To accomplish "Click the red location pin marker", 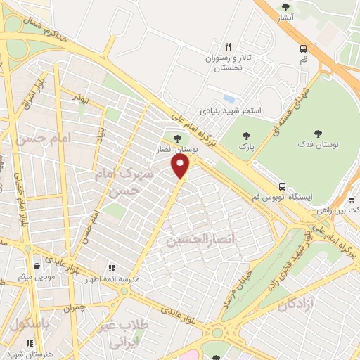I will (x=181, y=166).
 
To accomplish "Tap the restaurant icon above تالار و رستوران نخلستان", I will (x=228, y=46).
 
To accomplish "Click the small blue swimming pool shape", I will (x=228, y=98).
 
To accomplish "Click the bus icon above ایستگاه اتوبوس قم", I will (x=282, y=186).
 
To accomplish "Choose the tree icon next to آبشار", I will (x=304, y=8).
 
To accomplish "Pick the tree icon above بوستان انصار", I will (x=176, y=139).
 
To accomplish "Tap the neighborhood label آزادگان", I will (x=285, y=304).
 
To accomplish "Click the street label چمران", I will (x=73, y=308).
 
